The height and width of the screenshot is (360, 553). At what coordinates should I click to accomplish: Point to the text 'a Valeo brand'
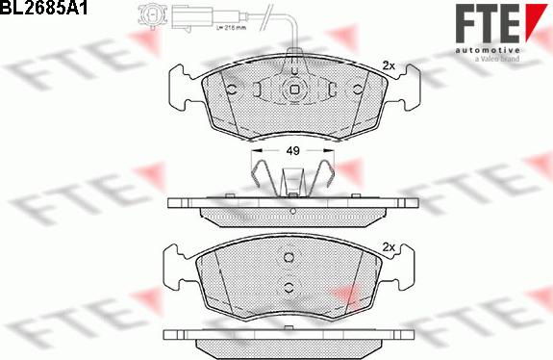click(497, 60)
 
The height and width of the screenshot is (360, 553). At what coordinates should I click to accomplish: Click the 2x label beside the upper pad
click(389, 65)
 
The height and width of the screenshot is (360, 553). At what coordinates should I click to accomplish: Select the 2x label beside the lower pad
click(389, 245)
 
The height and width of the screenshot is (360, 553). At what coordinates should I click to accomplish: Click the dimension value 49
click(291, 151)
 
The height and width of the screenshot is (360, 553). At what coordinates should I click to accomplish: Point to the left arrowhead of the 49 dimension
click(255, 151)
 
